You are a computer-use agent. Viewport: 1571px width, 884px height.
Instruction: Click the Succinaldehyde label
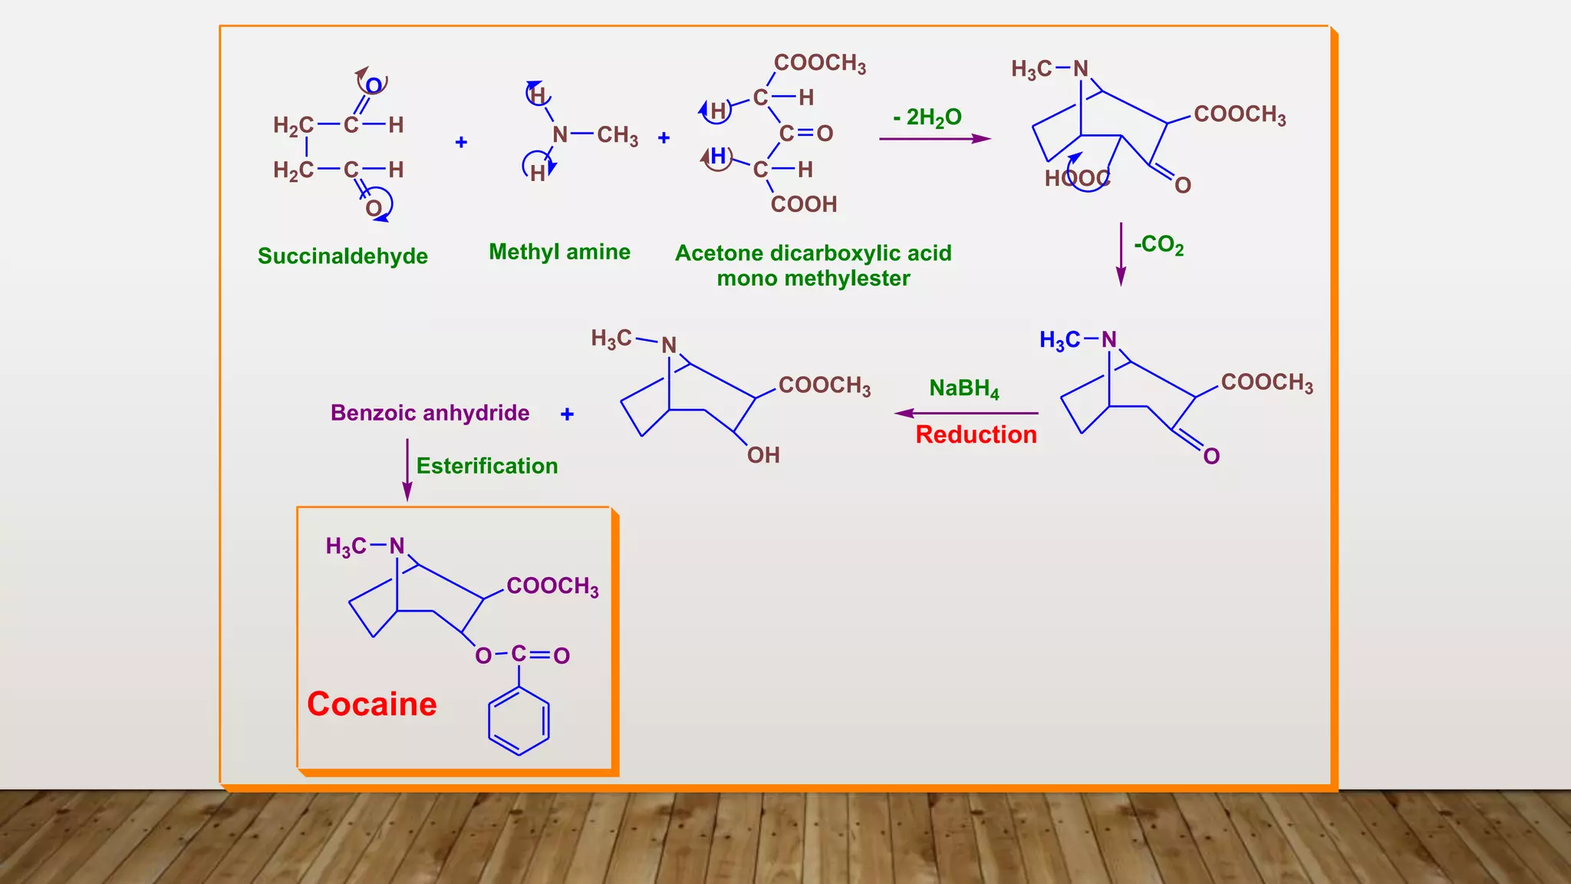[x=342, y=256]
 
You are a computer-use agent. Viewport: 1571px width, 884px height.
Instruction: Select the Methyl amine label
[x=559, y=252]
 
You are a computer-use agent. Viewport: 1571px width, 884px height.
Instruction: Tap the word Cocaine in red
[x=372, y=704]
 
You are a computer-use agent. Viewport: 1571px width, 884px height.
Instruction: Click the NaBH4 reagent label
[x=963, y=388]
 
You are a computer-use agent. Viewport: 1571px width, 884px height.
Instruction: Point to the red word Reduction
[x=976, y=434]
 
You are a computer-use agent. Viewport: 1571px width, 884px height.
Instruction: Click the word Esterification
[x=486, y=466]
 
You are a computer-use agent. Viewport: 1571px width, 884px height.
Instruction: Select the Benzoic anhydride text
[x=430, y=413]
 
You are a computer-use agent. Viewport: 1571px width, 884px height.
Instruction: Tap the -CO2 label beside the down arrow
[x=1158, y=246]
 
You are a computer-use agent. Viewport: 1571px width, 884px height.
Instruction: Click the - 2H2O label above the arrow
[x=927, y=117]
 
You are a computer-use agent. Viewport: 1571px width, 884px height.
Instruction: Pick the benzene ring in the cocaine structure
[x=519, y=721]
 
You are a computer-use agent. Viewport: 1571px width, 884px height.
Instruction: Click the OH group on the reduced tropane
[x=763, y=455]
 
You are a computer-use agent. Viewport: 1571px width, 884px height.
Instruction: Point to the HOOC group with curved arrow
[x=1077, y=179]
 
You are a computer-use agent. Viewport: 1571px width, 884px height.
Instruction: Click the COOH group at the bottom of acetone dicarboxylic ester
[x=803, y=204]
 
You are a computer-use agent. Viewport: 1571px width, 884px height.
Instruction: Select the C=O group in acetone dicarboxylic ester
[x=805, y=134]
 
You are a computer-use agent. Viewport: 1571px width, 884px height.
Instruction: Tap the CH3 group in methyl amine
[x=618, y=136]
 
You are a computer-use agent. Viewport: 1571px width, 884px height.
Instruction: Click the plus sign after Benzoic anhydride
[x=567, y=414]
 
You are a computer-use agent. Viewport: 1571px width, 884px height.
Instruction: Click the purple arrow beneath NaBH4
[x=966, y=414]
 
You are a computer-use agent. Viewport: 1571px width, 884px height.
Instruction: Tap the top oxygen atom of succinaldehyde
[x=374, y=85]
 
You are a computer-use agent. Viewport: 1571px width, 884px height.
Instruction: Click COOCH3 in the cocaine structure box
[x=552, y=586]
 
